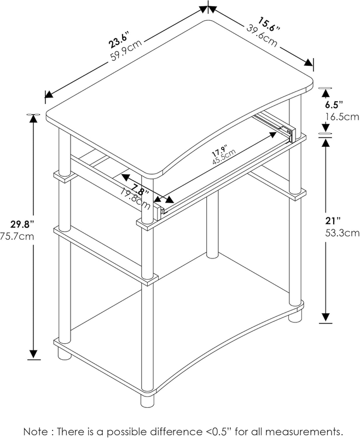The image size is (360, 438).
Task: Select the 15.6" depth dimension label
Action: (x=269, y=24)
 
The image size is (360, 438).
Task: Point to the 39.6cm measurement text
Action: (x=262, y=36)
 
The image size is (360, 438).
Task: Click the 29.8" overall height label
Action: (x=22, y=224)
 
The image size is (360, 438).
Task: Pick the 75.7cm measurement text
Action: (x=18, y=237)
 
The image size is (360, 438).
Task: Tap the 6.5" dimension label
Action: (x=334, y=105)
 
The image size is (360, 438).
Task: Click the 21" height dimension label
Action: (x=333, y=221)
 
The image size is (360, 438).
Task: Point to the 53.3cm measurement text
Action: (x=342, y=233)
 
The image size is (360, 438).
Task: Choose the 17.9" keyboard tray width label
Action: (x=219, y=151)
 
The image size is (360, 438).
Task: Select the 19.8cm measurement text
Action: (x=136, y=198)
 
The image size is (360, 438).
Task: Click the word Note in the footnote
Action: (x=35, y=431)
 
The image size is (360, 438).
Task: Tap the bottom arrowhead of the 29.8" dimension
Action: (x=33, y=354)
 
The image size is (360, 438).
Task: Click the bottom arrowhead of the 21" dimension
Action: (x=326, y=318)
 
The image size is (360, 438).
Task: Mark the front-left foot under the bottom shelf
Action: (x=147, y=400)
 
